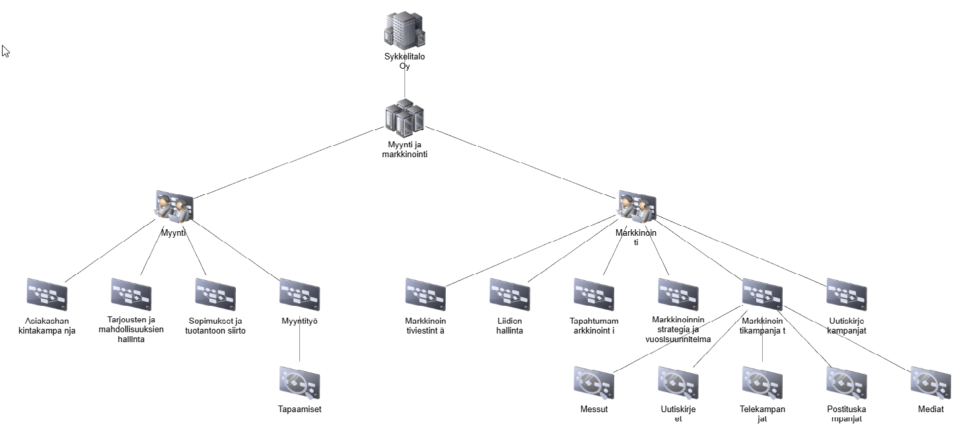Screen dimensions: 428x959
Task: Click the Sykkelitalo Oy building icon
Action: coord(404,30)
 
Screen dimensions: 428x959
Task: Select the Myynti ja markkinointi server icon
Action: coord(404,118)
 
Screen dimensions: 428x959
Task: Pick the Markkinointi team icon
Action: coord(637,207)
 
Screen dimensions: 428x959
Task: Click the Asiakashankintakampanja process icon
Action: coord(47,295)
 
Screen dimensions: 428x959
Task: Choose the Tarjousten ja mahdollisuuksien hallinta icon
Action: coord(131,295)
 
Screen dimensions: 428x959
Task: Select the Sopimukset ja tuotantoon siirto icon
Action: coord(215,295)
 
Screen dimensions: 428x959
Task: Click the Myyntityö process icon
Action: coord(300,295)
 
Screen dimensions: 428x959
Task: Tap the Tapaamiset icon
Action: coord(300,383)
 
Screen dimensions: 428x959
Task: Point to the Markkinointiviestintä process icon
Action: coord(425,295)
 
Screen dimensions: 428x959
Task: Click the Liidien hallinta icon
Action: coord(509,295)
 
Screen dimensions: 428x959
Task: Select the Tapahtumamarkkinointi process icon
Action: coord(594,295)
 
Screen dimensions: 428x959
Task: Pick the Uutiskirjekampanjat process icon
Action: coord(847,295)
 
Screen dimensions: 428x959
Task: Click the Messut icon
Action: coord(594,383)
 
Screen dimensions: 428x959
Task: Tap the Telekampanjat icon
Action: coord(762,383)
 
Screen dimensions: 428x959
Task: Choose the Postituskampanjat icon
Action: coord(847,383)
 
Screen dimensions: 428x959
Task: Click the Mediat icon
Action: coord(931,383)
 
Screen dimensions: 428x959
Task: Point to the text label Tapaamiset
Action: coord(300,409)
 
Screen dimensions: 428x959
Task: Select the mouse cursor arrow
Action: coord(5,50)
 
